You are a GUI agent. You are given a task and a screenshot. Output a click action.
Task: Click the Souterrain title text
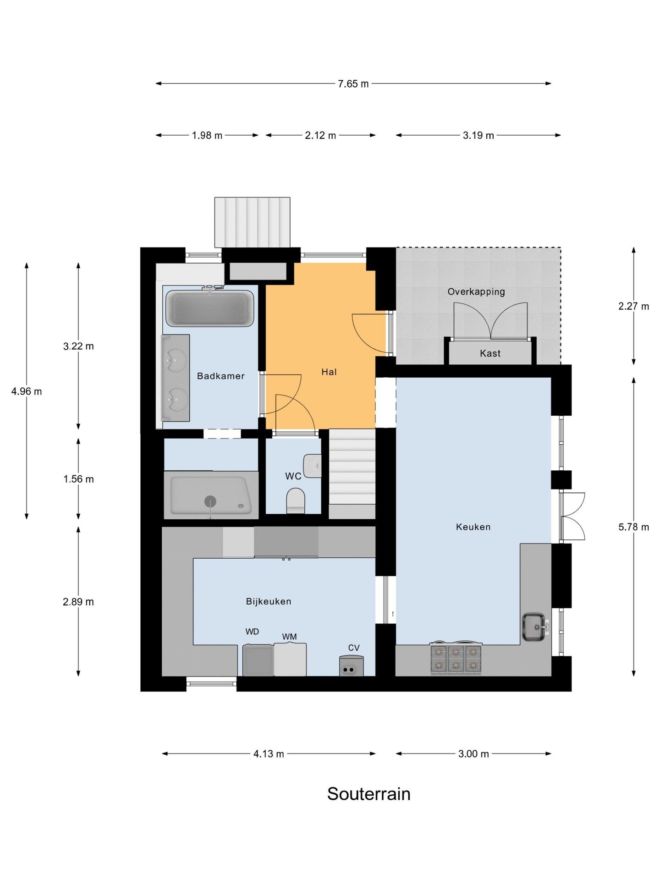point(368,794)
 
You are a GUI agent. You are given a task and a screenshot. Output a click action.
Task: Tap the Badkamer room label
point(220,376)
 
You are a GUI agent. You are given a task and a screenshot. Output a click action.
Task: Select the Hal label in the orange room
point(329,372)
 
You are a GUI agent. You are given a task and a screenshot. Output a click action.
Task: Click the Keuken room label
point(473,527)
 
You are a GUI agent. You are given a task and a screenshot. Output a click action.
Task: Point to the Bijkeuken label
point(269,601)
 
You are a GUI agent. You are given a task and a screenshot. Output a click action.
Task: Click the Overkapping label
point(476,291)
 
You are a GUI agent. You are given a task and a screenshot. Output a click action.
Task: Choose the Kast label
point(490,353)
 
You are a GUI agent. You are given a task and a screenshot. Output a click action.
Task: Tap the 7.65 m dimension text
point(353,84)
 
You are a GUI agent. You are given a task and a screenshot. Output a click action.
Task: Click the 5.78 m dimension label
point(633,527)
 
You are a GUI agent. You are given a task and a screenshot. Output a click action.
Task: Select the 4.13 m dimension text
point(269,754)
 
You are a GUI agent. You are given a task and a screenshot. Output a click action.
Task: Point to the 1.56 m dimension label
point(78,479)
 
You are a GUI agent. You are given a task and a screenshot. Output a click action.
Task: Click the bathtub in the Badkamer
point(209,308)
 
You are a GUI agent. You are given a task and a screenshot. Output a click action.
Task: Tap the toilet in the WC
point(296,501)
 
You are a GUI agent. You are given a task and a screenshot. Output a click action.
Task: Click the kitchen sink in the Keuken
point(534,627)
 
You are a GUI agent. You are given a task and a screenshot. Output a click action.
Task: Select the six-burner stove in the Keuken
point(456,659)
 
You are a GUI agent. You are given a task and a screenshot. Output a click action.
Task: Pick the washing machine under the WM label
point(290,659)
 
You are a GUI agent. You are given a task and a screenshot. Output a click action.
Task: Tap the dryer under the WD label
point(258,660)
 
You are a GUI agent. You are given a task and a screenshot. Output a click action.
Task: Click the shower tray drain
point(210,501)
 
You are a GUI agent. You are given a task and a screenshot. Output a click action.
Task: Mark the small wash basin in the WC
point(313,466)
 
